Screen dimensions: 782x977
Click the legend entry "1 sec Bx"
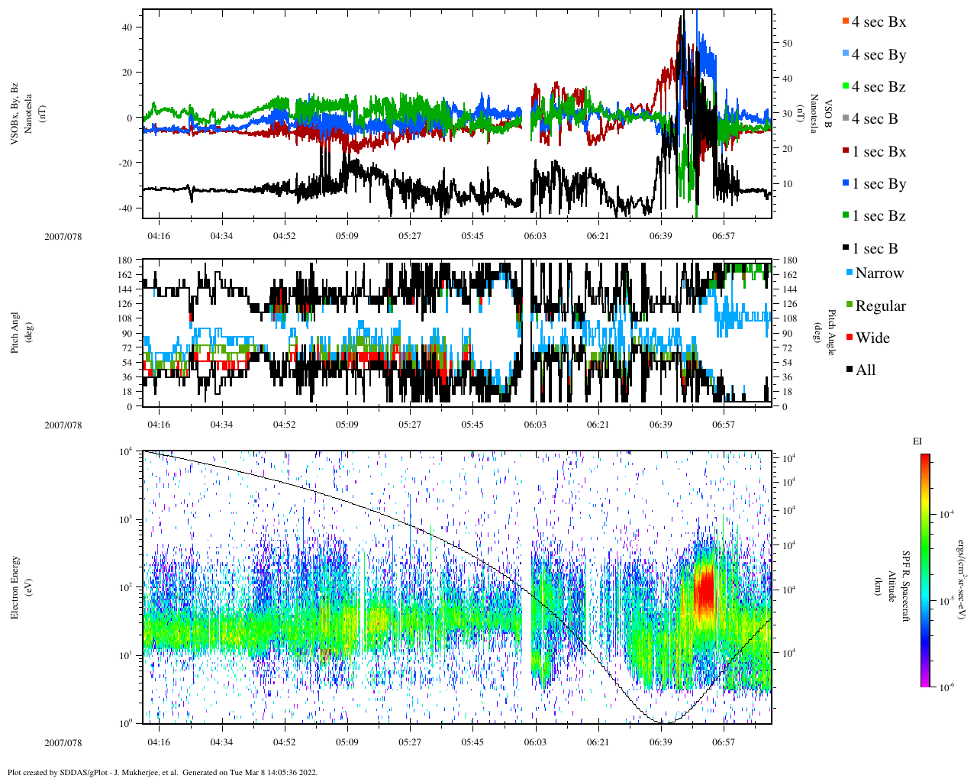click(x=879, y=152)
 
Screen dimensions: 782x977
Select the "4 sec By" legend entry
click(x=879, y=55)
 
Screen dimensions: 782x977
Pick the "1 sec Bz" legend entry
click(x=879, y=216)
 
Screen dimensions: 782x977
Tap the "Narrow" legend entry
click(x=879, y=273)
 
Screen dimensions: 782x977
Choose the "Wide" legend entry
click(x=872, y=338)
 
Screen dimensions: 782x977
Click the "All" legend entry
click(x=865, y=370)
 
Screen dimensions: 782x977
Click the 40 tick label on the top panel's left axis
click(x=127, y=27)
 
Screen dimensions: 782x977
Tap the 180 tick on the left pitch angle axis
click(x=126, y=260)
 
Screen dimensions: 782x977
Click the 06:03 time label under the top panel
click(x=534, y=236)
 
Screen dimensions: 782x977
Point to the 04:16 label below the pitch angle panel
click(x=159, y=425)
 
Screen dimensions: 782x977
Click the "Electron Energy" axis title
click(x=15, y=586)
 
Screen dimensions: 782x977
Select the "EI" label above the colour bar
click(x=917, y=441)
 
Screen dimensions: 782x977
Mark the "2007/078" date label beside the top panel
click(x=63, y=236)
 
